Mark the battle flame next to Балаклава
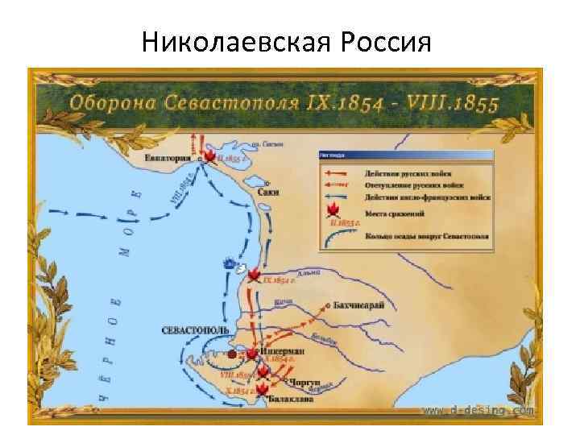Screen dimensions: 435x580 point(262,390)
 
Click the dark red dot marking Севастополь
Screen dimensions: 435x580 point(232,354)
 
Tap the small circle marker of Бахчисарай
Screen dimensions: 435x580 point(327,306)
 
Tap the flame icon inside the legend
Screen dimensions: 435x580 point(330,212)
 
